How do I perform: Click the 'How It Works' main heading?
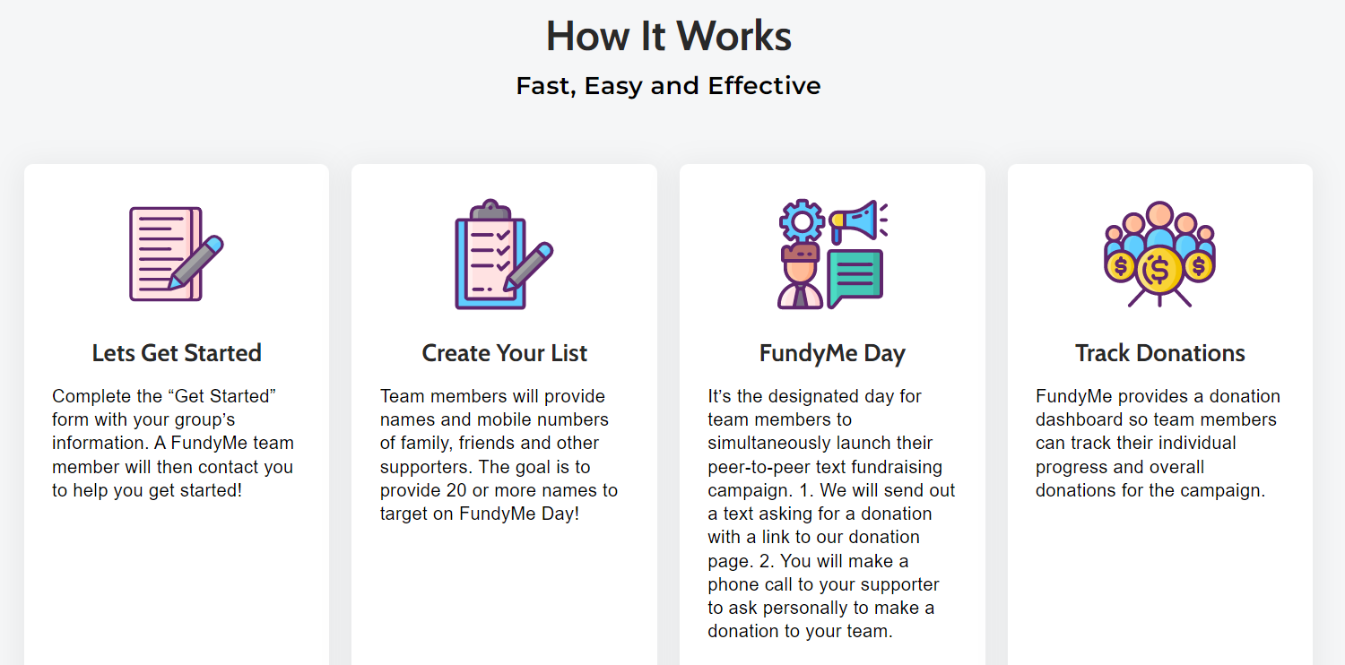(668, 36)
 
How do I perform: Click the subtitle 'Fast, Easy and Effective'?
(668, 86)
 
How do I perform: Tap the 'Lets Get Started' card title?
(177, 353)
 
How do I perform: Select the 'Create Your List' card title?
(504, 353)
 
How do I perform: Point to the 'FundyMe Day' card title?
(832, 353)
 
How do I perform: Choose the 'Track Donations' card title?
(1160, 353)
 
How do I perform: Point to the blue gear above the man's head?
(802, 221)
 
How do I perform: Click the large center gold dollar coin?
(1158, 270)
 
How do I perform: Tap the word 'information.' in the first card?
(100, 443)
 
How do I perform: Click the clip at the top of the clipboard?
(490, 210)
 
